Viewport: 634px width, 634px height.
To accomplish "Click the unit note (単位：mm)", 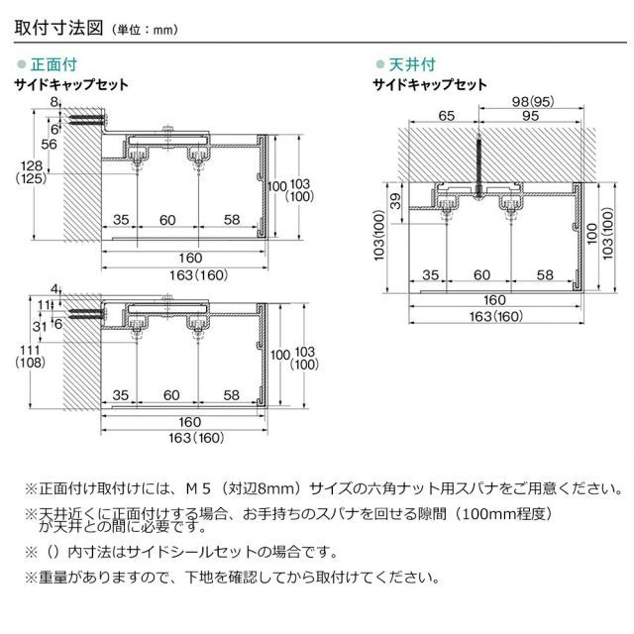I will pos(143,30).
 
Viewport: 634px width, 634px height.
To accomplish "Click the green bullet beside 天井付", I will pos(378,64).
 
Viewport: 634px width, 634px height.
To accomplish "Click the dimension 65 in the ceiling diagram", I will pos(445,116).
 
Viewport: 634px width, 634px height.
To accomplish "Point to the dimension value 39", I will pos(396,202).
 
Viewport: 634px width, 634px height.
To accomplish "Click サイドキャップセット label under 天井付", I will pos(429,85).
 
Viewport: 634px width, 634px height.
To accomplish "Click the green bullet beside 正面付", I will pos(23,64).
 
